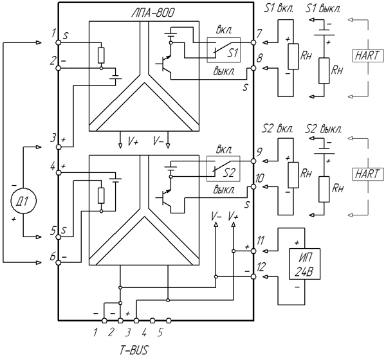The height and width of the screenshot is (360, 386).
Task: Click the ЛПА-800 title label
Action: [x=152, y=12]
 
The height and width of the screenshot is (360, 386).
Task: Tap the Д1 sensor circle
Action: [x=23, y=201]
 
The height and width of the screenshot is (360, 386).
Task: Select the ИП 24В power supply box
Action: [x=304, y=264]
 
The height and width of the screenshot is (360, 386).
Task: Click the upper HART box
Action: [x=368, y=56]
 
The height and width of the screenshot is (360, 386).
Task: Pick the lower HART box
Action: [x=368, y=174]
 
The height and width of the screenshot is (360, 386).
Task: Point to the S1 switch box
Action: [x=223, y=50]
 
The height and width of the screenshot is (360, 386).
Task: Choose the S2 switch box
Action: [x=223, y=169]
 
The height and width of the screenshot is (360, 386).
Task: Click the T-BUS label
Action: [x=134, y=350]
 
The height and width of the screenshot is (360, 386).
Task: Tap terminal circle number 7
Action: [x=253, y=42]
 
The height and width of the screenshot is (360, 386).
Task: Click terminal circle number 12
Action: [x=253, y=277]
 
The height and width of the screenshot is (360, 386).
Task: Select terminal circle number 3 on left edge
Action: [x=59, y=147]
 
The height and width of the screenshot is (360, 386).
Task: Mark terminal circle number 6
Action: [x=59, y=263]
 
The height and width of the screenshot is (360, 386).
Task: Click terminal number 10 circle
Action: [x=253, y=187]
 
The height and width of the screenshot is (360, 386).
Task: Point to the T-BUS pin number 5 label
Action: [x=160, y=333]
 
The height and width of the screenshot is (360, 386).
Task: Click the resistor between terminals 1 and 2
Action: [x=101, y=55]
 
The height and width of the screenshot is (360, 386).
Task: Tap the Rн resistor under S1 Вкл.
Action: [x=293, y=57]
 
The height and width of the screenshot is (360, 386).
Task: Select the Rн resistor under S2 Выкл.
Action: [x=324, y=189]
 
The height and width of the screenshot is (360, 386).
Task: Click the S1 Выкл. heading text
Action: [x=323, y=9]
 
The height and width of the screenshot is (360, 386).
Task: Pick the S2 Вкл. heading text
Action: [x=277, y=129]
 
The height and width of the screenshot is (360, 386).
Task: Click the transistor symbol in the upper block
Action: [x=163, y=64]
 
